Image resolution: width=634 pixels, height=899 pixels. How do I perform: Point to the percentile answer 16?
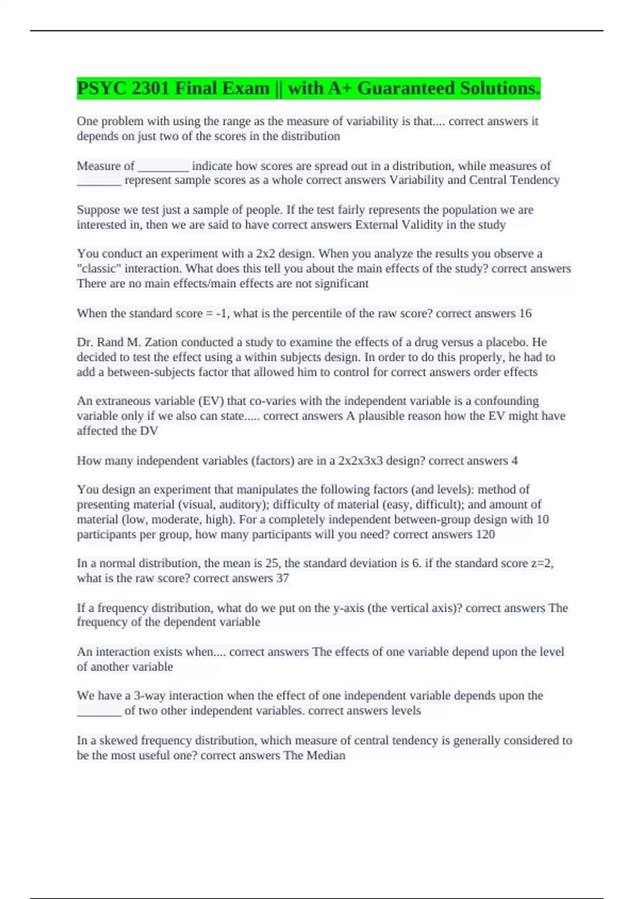[x=525, y=314]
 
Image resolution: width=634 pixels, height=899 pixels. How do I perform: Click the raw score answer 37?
[x=283, y=578]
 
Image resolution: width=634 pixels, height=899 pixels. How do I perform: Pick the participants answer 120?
[x=486, y=534]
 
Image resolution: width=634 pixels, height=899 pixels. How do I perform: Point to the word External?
[x=376, y=225]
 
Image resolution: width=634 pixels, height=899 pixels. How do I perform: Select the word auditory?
[x=245, y=504]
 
